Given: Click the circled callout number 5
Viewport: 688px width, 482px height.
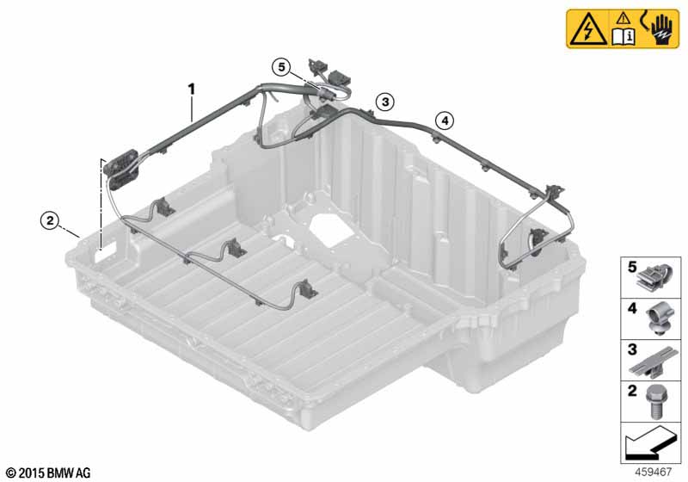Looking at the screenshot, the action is click(281, 67).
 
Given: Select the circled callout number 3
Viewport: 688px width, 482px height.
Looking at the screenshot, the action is click(384, 102).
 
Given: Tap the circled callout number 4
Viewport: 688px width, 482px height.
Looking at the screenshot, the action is click(445, 120).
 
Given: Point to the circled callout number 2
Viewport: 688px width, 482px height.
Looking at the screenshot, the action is click(50, 220).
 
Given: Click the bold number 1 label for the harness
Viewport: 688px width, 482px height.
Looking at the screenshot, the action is click(191, 90).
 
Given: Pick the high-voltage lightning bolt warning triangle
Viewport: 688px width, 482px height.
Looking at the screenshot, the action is click(587, 29).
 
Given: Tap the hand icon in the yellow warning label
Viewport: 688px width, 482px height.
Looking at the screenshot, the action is click(660, 30).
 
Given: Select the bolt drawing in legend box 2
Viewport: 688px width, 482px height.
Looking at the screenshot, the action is click(654, 402).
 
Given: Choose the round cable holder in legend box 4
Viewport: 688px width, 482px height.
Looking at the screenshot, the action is click(659, 319).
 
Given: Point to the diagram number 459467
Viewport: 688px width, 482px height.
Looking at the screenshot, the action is click(654, 472).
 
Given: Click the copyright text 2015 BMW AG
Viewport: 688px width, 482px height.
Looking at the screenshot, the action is click(48, 473).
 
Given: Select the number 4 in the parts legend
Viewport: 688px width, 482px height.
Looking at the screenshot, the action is click(632, 309).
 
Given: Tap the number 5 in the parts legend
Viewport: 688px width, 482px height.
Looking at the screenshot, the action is click(632, 267).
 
